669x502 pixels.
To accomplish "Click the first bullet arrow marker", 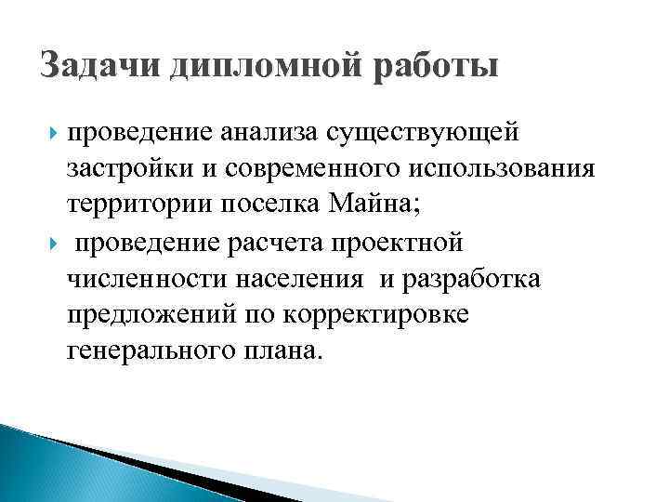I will tap(51, 136).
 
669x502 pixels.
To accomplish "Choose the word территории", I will tap(132, 206).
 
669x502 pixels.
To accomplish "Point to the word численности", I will tap(135, 279).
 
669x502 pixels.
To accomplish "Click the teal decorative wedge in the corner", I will tap(56, 465).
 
